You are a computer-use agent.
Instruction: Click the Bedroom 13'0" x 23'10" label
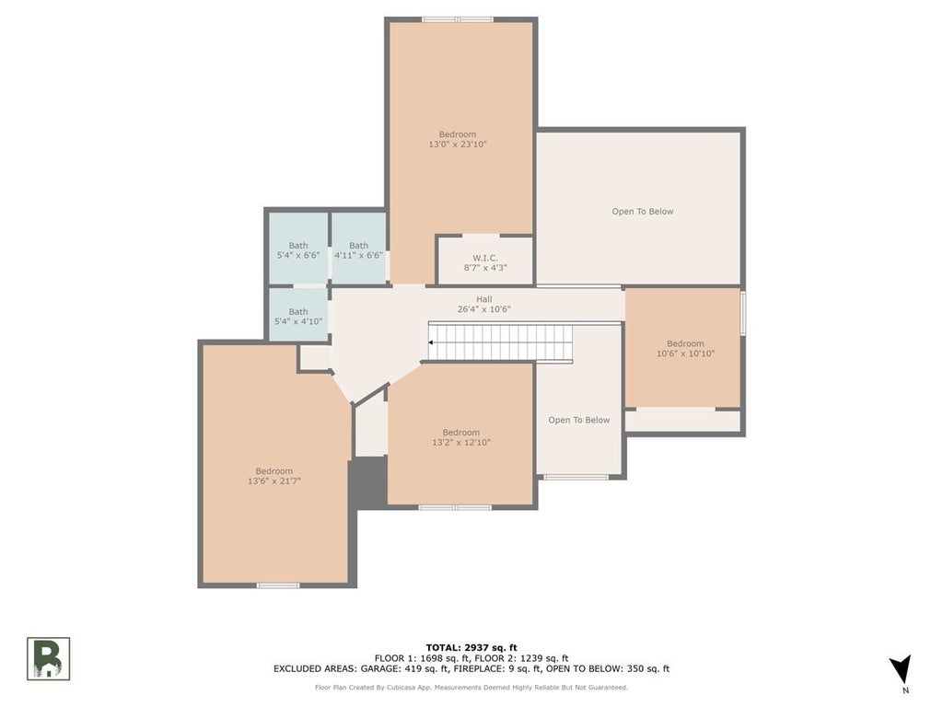pos(458,139)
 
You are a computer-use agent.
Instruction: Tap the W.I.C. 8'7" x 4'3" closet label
pos(485,262)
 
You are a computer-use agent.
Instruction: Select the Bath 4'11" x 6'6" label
pos(358,250)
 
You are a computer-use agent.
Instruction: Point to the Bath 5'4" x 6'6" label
pos(298,250)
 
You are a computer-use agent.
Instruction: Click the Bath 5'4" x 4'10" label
pos(298,317)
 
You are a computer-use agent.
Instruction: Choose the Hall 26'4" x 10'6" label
pos(483,304)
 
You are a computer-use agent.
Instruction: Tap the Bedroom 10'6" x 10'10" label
pos(685,348)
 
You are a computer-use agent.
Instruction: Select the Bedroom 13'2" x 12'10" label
pos(460,437)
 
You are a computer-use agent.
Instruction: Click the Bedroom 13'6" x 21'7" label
pos(274,476)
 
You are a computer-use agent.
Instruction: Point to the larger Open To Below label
pos(643,212)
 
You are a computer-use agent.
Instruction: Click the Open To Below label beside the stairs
pos(579,420)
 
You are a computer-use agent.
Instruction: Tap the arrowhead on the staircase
pos(432,342)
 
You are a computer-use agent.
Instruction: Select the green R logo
pos(49,659)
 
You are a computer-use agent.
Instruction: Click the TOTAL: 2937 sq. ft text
pos(471,647)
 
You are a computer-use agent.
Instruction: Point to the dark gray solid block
pos(370,482)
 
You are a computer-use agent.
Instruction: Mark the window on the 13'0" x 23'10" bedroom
pos(458,19)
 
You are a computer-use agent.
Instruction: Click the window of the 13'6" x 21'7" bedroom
pos(278,585)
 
